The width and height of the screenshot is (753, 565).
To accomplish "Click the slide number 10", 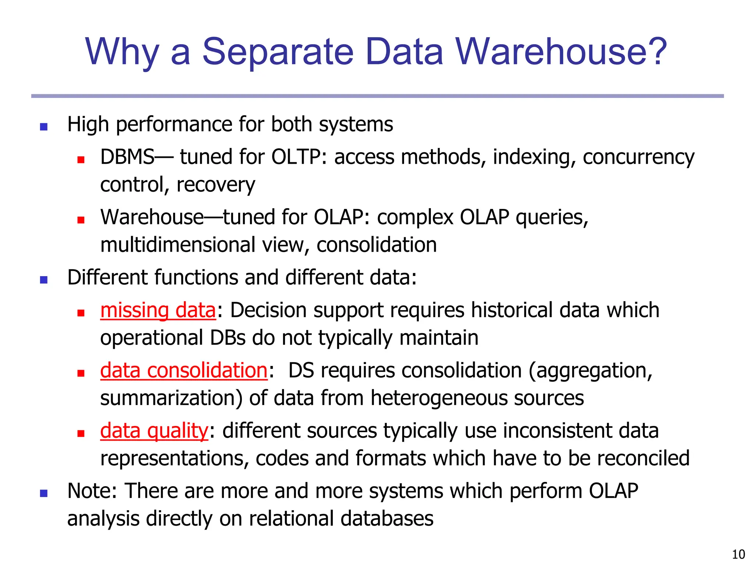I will point(738,554).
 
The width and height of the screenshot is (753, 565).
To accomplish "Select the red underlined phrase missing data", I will point(158,310).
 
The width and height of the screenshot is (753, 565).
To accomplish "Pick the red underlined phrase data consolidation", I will point(184,370).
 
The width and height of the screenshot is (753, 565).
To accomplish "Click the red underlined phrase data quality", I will point(154,431).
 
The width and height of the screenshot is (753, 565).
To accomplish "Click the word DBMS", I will point(128,157).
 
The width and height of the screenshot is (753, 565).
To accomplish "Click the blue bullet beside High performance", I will point(44,127).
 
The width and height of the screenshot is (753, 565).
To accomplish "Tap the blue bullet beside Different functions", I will point(44,280).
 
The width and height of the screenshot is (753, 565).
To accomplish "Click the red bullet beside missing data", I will point(81,313).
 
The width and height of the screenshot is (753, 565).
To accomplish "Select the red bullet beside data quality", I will point(81,434).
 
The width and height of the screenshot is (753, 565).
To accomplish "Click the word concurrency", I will point(639,157).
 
